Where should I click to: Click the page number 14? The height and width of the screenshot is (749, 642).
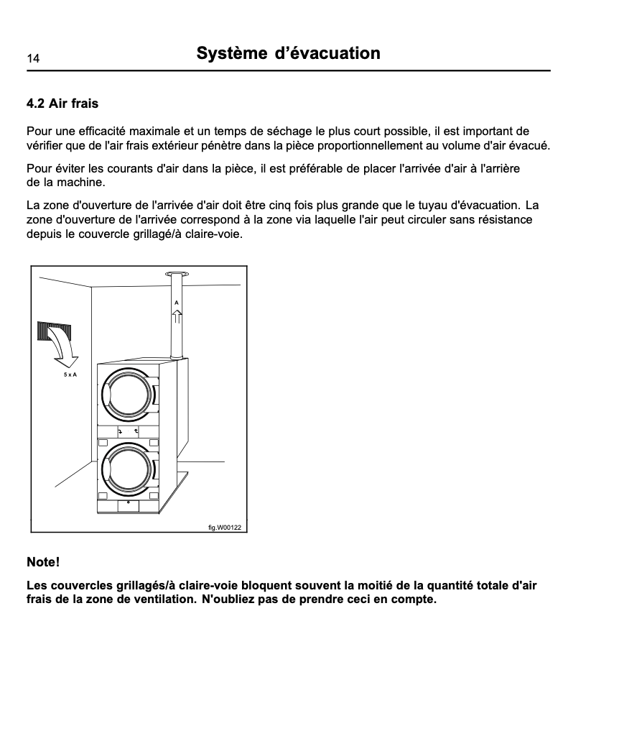point(33,58)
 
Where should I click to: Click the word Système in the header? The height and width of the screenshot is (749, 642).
point(231,54)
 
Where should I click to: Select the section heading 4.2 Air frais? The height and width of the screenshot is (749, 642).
point(62,104)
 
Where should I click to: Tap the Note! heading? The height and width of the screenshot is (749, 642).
point(43,561)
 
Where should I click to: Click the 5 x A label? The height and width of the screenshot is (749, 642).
point(70,376)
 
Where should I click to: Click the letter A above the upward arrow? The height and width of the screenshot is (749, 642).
point(176,303)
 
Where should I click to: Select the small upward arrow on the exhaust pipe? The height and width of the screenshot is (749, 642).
point(176,316)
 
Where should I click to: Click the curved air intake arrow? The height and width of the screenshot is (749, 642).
point(65,351)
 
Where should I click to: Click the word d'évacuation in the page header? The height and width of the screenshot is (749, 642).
point(328,54)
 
